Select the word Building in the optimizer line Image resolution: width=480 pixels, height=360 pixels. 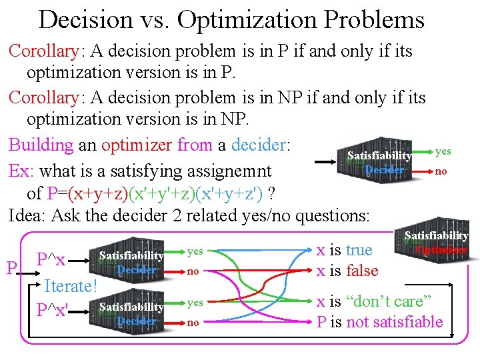[41, 144]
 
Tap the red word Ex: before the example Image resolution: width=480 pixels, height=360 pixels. [22, 171]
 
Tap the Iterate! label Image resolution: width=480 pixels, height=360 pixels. [70, 286]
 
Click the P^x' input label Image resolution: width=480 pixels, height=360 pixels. [54, 311]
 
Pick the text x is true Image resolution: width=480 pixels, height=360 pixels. [344, 250]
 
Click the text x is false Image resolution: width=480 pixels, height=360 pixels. [347, 271]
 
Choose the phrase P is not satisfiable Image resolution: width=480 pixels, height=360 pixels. [379, 322]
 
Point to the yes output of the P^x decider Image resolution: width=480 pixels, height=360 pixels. [195, 251]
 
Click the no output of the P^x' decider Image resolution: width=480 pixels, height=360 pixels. [193, 323]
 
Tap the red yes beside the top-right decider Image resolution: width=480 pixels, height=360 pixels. [443, 152]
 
